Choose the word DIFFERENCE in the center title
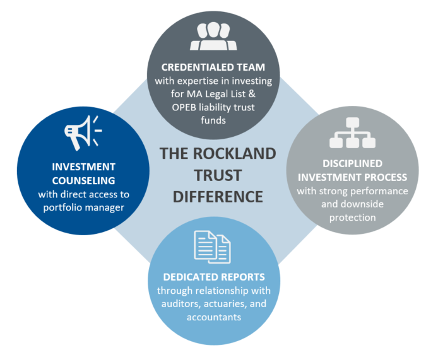point(218,197)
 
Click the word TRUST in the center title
point(218,175)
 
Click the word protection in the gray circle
point(351,217)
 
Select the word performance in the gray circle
point(382,190)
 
